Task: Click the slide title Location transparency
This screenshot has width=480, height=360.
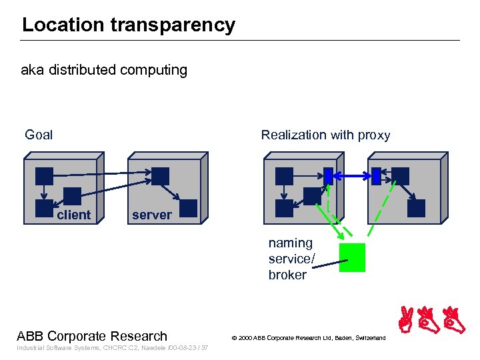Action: [129, 25]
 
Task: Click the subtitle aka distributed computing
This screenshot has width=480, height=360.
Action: [105, 70]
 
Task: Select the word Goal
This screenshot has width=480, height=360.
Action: [39, 135]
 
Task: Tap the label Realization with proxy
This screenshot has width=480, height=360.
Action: [325, 135]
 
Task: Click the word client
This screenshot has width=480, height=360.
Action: [73, 215]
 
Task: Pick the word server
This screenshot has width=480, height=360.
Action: [151, 215]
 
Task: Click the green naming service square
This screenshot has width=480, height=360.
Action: [352, 257]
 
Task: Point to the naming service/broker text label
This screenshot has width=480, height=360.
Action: [290, 259]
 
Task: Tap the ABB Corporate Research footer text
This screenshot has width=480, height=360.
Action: [92, 336]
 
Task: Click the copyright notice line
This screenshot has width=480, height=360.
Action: [308, 339]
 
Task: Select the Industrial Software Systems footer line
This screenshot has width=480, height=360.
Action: [113, 348]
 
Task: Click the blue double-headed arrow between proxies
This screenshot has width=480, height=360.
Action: [352, 176]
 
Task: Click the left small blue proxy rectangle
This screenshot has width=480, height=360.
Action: [328, 176]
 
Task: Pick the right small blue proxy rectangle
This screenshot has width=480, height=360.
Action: [376, 176]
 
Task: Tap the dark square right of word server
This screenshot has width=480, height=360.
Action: [189, 209]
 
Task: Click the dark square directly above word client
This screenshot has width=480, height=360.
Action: [72, 196]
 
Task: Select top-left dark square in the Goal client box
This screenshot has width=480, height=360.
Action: [45, 176]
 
